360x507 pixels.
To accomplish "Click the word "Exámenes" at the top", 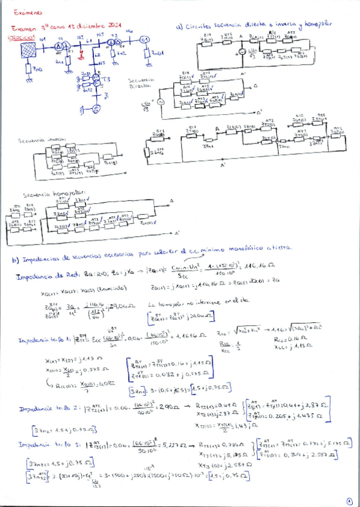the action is [x=26, y=12].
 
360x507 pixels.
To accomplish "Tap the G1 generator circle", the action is [x=144, y=40].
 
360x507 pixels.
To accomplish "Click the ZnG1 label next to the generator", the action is [x=157, y=54].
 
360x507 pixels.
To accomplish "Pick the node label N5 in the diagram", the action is [x=102, y=62].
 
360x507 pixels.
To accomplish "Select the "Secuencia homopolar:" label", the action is [x=45, y=196].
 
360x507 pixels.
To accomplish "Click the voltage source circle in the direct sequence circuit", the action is [x=160, y=103].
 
